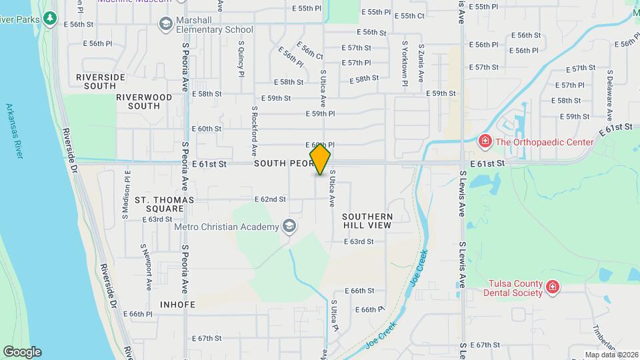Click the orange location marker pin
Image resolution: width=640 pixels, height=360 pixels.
[x=320, y=160]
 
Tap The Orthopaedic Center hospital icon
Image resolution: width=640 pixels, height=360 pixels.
[x=485, y=142]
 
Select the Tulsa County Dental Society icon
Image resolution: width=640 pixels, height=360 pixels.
[x=552, y=287]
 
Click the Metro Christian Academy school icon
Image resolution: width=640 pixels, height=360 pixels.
[x=289, y=227]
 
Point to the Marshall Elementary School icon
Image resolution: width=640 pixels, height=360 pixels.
[x=165, y=25]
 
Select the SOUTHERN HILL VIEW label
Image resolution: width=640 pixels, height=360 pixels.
[x=367, y=221]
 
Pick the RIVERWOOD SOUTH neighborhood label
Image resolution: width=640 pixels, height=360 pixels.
[x=143, y=101]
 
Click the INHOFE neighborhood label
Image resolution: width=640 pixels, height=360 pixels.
[x=177, y=305]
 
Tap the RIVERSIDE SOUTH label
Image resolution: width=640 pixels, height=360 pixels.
[x=101, y=81]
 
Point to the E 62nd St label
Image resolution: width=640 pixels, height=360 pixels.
[x=270, y=199]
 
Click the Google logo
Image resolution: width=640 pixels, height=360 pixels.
[x=22, y=352]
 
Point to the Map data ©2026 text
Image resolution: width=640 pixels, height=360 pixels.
[x=611, y=355]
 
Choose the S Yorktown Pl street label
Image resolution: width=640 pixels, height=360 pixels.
[x=404, y=64]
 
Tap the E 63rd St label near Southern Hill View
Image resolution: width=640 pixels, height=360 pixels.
[x=359, y=241]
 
